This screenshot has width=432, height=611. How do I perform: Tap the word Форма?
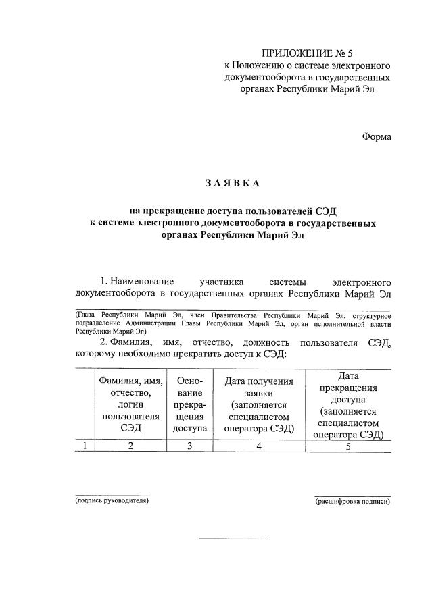pos(377,136)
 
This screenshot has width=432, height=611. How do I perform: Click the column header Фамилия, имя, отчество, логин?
pos(130,404)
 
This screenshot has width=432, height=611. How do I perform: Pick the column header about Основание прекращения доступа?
pos(189,404)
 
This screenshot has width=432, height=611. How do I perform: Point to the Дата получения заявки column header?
pos(260,404)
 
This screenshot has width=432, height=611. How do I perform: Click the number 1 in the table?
pos(85,446)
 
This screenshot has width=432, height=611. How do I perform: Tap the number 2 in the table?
pos(131,446)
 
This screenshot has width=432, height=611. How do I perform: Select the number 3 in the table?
pos(189,446)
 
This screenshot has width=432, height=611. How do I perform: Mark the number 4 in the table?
pos(259,446)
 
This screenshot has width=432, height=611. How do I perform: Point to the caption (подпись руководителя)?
pos(112,501)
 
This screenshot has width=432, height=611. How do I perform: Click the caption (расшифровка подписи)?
pos(353,502)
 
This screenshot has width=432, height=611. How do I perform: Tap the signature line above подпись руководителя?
pos(112,495)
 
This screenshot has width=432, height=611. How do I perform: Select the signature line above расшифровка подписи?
pos(353,495)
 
